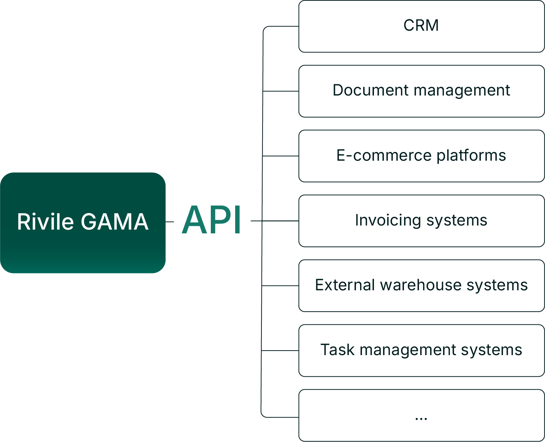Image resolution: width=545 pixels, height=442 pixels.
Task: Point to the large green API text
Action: pos(211,220)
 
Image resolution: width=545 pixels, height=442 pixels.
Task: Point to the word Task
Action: pos(337,350)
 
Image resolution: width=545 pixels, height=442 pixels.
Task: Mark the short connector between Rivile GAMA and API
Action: pos(170,222)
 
